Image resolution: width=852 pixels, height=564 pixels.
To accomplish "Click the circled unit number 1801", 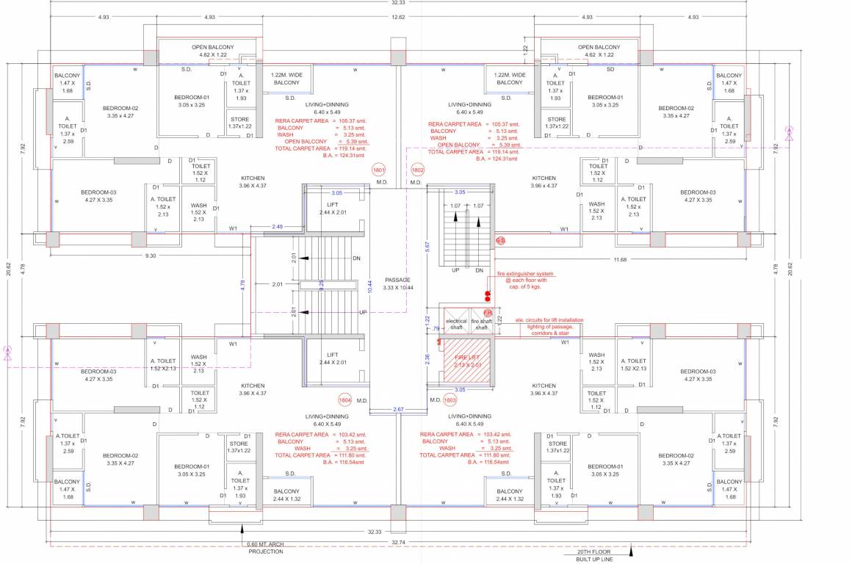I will pyautogui.click(x=380, y=168).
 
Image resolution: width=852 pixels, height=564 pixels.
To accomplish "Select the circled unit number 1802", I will pyautogui.click(x=417, y=168).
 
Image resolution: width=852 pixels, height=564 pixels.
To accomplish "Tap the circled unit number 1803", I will pyautogui.click(x=450, y=400).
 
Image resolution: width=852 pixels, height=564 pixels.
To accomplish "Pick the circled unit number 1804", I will pyautogui.click(x=345, y=400).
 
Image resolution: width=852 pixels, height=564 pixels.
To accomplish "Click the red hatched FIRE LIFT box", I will pyautogui.click(x=467, y=361).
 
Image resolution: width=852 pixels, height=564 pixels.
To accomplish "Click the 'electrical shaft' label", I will pyautogui.click(x=456, y=325).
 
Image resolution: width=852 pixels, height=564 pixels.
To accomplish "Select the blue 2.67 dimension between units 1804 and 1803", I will pyautogui.click(x=398, y=409).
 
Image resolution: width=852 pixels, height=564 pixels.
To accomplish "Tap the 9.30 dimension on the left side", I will pyautogui.click(x=151, y=256).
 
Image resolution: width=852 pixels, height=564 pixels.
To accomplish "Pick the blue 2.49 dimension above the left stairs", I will pyautogui.click(x=278, y=226).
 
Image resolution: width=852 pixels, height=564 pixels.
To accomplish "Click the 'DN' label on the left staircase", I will pyautogui.click(x=356, y=258).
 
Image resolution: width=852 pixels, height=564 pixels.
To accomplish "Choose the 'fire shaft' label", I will pyautogui.click(x=481, y=325).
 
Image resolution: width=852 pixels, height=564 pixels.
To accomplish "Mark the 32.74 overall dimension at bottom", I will pyautogui.click(x=398, y=542).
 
